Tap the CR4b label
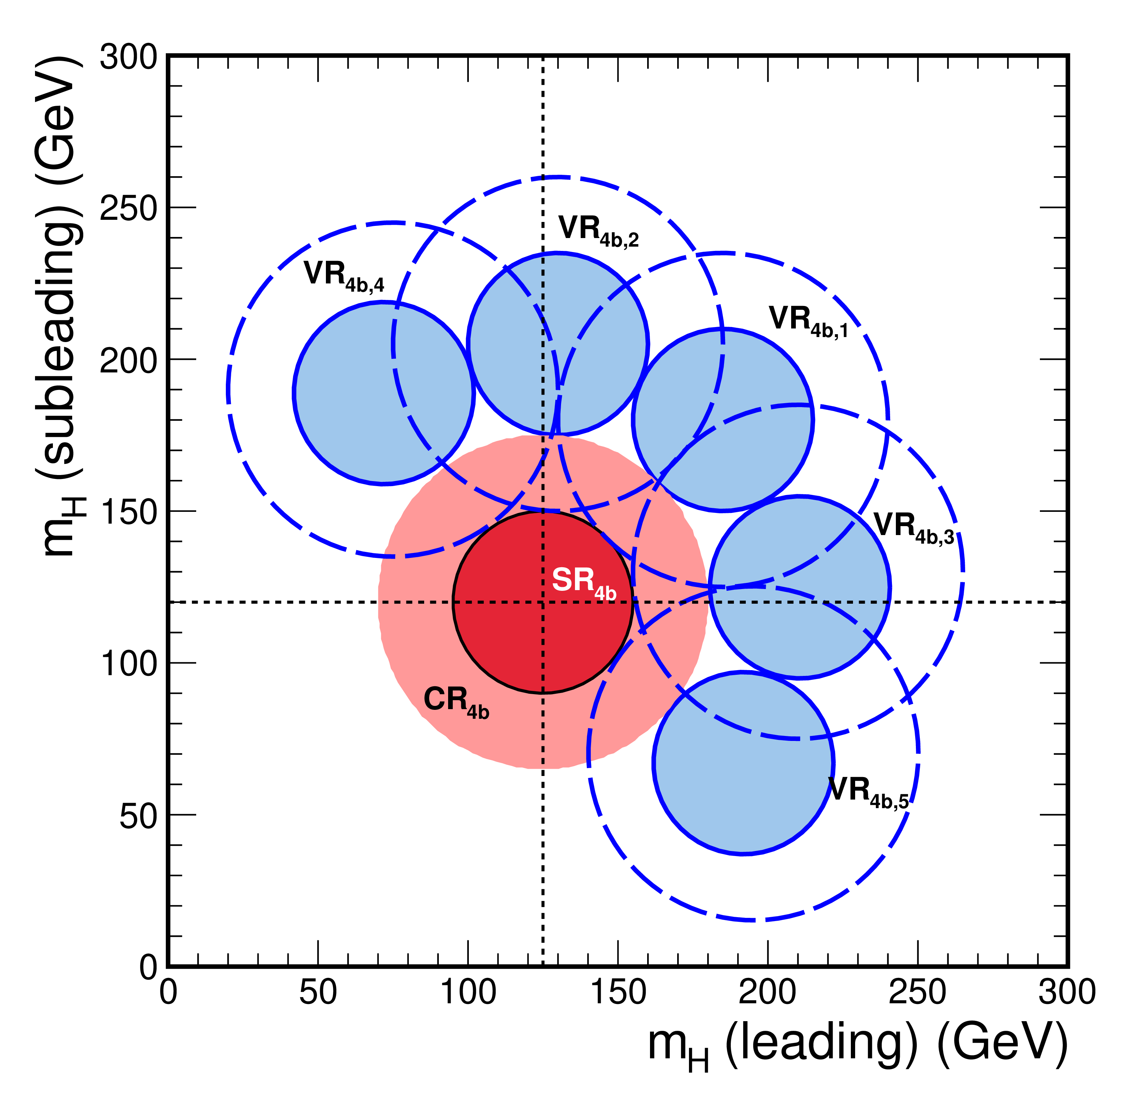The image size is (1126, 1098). [x=456, y=702]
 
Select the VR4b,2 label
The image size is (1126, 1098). [x=599, y=231]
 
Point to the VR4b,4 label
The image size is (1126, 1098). [x=344, y=277]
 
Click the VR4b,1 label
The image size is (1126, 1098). [x=808, y=322]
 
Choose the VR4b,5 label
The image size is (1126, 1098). [x=868, y=792]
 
